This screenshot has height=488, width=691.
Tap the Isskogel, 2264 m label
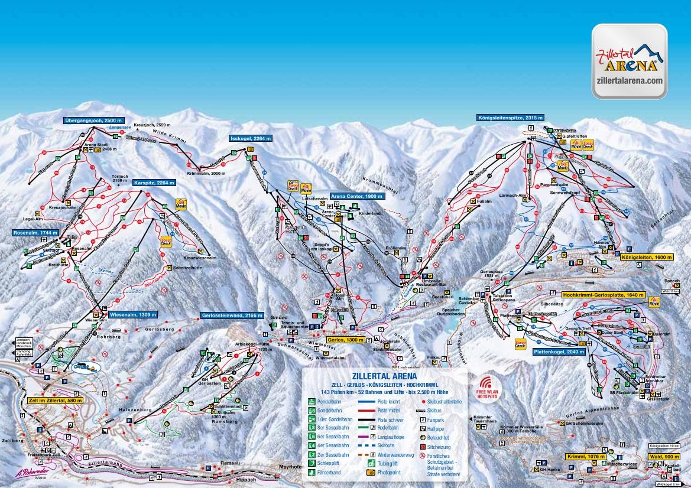click(251, 138)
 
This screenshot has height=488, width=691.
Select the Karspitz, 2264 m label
click(154, 183)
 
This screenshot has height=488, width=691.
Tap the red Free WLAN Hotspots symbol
click(486, 385)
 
